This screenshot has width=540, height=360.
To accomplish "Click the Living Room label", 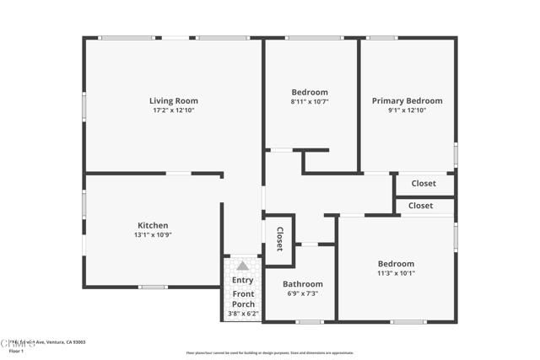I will pos(174,101).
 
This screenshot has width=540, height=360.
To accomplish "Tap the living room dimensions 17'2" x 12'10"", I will pos(174,110).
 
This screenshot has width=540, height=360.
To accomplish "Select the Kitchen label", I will pos(153,225).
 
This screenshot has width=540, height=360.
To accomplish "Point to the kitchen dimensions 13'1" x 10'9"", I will pos(153,235).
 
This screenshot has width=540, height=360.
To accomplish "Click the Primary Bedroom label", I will pos(407,101).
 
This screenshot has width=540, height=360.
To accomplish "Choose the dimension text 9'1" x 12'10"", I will pos(407,110).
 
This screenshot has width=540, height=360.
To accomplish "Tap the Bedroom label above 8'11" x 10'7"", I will pos(310,92).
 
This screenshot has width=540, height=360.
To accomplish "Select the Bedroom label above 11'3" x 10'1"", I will pos(396,264).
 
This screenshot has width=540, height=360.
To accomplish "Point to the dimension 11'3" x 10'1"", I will pos(396,273).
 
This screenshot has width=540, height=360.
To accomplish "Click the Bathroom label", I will pos(302,284).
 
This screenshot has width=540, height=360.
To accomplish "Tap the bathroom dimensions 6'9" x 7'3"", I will pos(302,293).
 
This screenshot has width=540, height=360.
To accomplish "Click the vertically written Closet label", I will pos(279,239).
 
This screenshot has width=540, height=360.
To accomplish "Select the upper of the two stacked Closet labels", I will pos(424,184).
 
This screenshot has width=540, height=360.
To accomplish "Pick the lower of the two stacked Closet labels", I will pos(420,206).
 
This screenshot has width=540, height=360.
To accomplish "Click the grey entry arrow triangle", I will pos(242,266).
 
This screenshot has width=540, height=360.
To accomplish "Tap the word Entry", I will pos(242,280).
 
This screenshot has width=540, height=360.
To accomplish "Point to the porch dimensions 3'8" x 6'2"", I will pos(243,314).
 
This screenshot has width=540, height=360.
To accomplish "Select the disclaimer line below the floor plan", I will pos(270,352).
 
